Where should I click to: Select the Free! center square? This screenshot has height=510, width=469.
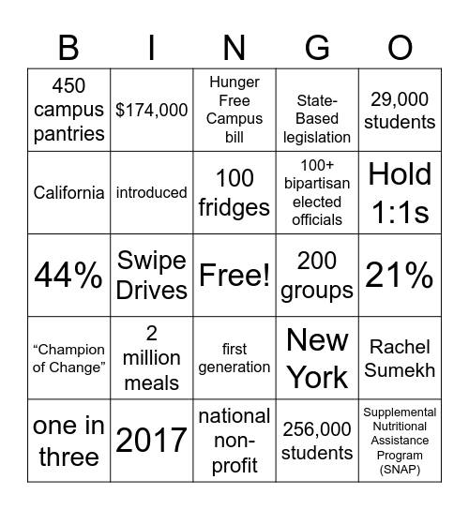tap(234, 276)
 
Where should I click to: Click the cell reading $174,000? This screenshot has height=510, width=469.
tap(152, 111)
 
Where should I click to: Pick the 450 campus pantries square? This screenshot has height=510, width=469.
tap(68, 111)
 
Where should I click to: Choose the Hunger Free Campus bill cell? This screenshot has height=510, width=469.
tap(234, 111)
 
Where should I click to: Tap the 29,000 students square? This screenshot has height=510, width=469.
tap(400, 111)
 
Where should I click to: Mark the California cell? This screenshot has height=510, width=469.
tap(68, 193)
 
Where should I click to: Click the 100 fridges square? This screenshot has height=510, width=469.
tap(234, 193)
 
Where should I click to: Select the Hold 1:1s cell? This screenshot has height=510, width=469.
tap(400, 193)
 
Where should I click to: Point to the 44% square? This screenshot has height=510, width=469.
tap(68, 276)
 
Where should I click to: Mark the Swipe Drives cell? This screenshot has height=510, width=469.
tap(152, 276)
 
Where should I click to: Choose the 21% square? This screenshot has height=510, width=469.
tap(400, 276)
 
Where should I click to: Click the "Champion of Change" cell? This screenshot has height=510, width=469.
tap(68, 358)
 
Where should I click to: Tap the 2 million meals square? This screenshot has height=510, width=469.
tap(152, 358)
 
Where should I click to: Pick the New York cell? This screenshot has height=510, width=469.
tap(317, 358)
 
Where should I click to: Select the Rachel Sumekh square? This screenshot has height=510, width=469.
tap(400, 358)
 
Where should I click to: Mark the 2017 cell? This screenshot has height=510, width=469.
tap(152, 441)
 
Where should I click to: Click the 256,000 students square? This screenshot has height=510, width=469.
tap(317, 441)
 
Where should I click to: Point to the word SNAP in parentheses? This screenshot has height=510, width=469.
tap(401, 469)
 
